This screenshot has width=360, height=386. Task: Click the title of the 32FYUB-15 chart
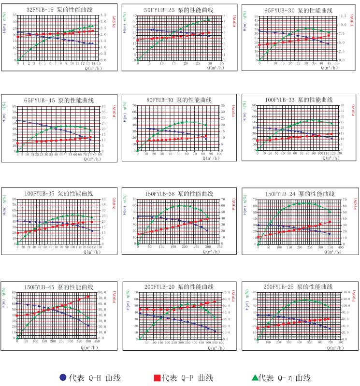(59, 10)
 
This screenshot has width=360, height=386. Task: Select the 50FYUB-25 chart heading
(178, 10)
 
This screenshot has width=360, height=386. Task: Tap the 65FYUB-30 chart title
(298, 10)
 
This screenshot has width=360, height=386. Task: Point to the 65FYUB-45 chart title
(59, 100)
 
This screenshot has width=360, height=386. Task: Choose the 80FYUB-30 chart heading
(178, 100)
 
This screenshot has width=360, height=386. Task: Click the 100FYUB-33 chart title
(298, 100)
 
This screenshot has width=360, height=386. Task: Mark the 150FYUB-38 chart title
(178, 194)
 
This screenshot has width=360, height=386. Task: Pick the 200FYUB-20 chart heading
(178, 287)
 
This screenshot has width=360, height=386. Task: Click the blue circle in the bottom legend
(63, 377)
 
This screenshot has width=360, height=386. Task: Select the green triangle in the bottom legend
(254, 377)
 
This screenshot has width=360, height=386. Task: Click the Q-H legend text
(94, 377)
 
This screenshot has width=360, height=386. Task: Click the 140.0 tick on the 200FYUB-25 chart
(346, 293)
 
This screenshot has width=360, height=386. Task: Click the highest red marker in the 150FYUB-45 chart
(88, 297)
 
